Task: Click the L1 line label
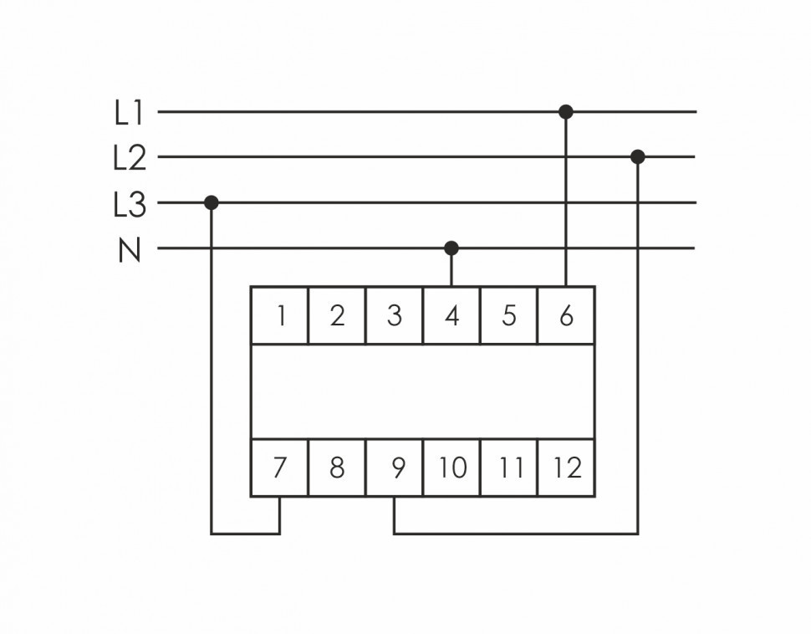pos(130,113)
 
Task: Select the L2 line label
pos(130,158)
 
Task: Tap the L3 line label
pos(130,204)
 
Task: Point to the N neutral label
pos(130,249)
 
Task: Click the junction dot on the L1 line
pos(566,111)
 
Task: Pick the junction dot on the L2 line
pos(638,156)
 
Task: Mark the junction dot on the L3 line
pos(212,202)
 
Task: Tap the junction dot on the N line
pos(451,248)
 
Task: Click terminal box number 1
pos(280,315)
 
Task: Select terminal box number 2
pos(337,315)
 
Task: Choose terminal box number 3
pos(395,315)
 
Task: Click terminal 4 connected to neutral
pos(451,315)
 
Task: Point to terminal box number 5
pos(508,315)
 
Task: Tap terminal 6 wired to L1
pos(566,315)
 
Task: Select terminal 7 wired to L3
pos(280,467)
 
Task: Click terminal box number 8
pos(337,467)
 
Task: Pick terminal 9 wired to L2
pos(395,467)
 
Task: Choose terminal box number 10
pos(451,467)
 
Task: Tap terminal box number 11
pos(508,467)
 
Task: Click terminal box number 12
pos(566,467)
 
